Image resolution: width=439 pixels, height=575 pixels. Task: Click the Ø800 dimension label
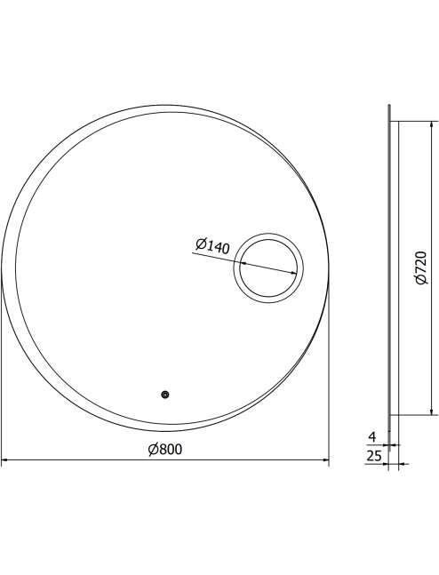pyautogui.click(x=164, y=449)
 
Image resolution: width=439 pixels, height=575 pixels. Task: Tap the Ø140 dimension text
pyautogui.click(x=212, y=246)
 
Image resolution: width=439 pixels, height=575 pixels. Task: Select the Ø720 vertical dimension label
pyautogui.click(x=421, y=268)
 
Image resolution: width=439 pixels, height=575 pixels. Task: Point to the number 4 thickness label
pyautogui.click(x=371, y=436)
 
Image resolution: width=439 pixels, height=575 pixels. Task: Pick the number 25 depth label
pyautogui.click(x=374, y=456)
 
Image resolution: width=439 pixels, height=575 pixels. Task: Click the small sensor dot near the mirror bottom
pyautogui.click(x=165, y=395)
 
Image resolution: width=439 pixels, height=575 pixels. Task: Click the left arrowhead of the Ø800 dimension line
pyautogui.click(x=4, y=459)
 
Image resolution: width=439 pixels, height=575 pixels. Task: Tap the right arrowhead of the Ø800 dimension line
pyautogui.click(x=325, y=459)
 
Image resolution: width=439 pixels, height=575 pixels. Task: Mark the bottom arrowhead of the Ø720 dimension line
pyautogui.click(x=431, y=411)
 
